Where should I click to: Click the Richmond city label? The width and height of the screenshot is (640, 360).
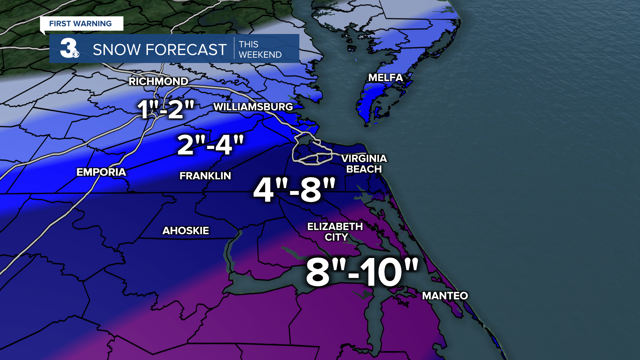(x=158, y=81)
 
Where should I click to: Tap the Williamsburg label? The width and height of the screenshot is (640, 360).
(x=253, y=107)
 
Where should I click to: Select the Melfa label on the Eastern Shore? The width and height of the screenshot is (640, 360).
(x=385, y=78)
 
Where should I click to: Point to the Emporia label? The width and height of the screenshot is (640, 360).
(x=101, y=172)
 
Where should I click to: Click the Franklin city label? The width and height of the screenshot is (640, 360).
(x=205, y=176)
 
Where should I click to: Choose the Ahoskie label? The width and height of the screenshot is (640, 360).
(x=185, y=230)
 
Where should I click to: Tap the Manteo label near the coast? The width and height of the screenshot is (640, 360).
(x=445, y=296)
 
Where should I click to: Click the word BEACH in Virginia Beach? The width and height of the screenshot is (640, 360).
(x=364, y=169)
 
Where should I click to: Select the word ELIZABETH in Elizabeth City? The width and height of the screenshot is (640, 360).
(x=335, y=226)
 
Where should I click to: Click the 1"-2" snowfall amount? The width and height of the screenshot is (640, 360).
(x=166, y=109)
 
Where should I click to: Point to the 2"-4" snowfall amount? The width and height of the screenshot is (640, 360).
(x=210, y=145)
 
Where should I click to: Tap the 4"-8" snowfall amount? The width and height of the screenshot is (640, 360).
(x=294, y=190)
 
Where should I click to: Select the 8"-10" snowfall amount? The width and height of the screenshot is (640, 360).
(x=362, y=272)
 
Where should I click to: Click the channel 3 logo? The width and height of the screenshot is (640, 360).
(x=69, y=48)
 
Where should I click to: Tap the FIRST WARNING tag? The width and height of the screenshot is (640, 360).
(x=80, y=24)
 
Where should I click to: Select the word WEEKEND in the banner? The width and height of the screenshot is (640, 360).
(x=260, y=55)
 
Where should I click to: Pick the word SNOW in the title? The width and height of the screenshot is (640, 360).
(x=116, y=50)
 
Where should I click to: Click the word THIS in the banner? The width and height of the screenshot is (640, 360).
(x=248, y=44)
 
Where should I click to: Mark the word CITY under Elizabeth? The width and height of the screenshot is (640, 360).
(x=336, y=237)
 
